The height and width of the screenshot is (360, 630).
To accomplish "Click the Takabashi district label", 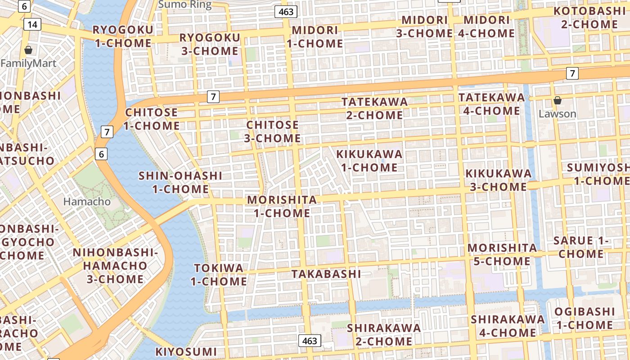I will pyautogui.click(x=326, y=274).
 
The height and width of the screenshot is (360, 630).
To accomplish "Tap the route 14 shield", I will pyautogui.click(x=32, y=24).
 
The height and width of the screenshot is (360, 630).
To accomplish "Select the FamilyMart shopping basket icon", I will pyautogui.click(x=28, y=49).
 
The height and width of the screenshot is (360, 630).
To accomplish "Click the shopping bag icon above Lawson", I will pyautogui.click(x=557, y=100).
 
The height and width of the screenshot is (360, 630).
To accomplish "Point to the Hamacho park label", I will pyautogui.click(x=87, y=202).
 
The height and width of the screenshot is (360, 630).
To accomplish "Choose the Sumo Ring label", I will pyautogui.click(x=184, y=5).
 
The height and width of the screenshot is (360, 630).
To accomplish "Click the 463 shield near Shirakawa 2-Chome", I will pyautogui.click(x=310, y=341).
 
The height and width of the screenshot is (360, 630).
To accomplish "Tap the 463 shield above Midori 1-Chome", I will pyautogui.click(x=286, y=12).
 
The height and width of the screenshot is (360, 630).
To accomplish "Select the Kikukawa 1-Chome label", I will pyautogui.click(x=369, y=161).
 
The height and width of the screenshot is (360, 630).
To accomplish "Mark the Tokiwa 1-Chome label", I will pyautogui.click(x=219, y=274).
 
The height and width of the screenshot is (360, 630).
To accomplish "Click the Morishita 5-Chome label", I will pyautogui.click(x=502, y=254).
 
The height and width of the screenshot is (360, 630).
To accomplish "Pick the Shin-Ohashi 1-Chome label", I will pyautogui.click(x=180, y=182).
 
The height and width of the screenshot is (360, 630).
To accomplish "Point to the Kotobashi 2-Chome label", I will pyautogui.click(x=589, y=18).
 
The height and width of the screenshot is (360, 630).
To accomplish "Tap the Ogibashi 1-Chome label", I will pyautogui.click(x=584, y=318).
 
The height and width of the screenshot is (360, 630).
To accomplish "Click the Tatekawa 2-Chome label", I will pyautogui.click(x=374, y=108).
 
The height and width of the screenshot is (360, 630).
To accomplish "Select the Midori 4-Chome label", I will pyautogui.click(x=486, y=27).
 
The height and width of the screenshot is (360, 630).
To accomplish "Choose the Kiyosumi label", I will pyautogui.click(x=186, y=351).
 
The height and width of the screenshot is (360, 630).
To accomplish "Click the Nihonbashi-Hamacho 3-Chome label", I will pyautogui.click(x=115, y=265).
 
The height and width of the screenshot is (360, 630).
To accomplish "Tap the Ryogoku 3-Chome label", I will pyautogui.click(x=210, y=44).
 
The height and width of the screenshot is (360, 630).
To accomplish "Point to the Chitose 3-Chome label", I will pyautogui.click(x=272, y=131).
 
